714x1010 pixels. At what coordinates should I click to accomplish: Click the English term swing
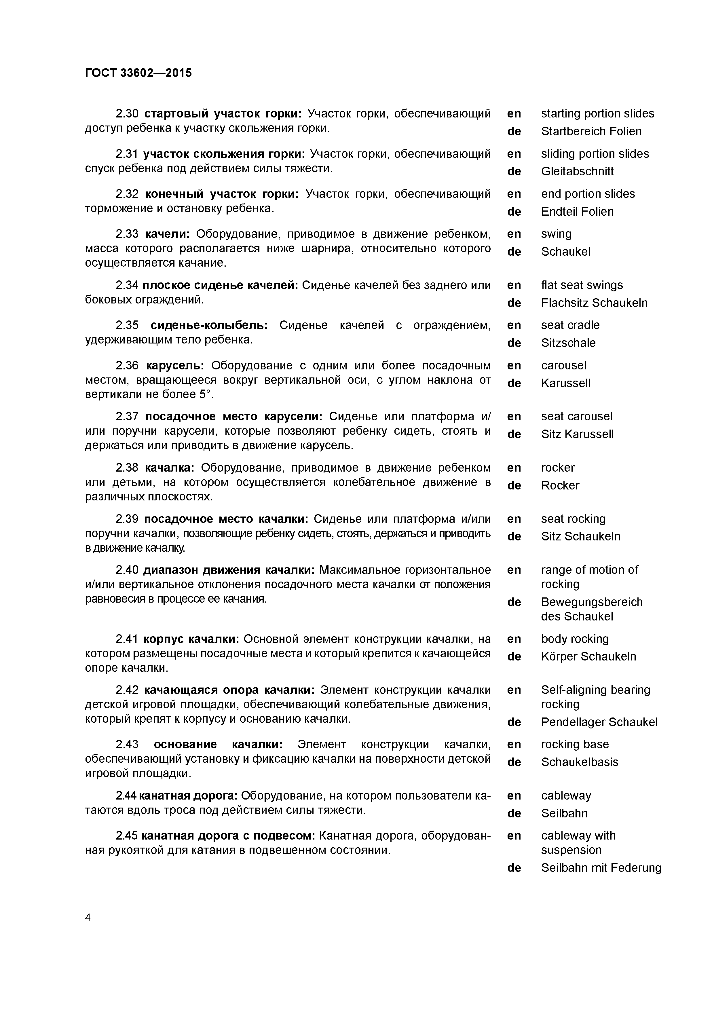pyautogui.click(x=556, y=234)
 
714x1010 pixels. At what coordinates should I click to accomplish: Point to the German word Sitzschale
pyautogui.click(x=568, y=343)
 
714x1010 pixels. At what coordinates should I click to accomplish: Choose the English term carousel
pyautogui.click(x=563, y=366)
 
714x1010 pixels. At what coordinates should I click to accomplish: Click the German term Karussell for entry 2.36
pyautogui.click(x=566, y=383)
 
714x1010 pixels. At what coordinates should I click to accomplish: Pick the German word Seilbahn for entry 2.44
pyautogui.click(x=564, y=813)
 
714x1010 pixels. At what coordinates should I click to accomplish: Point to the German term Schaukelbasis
pyautogui.click(x=579, y=762)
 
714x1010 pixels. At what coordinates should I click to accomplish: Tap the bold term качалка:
pyautogui.click(x=169, y=468)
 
